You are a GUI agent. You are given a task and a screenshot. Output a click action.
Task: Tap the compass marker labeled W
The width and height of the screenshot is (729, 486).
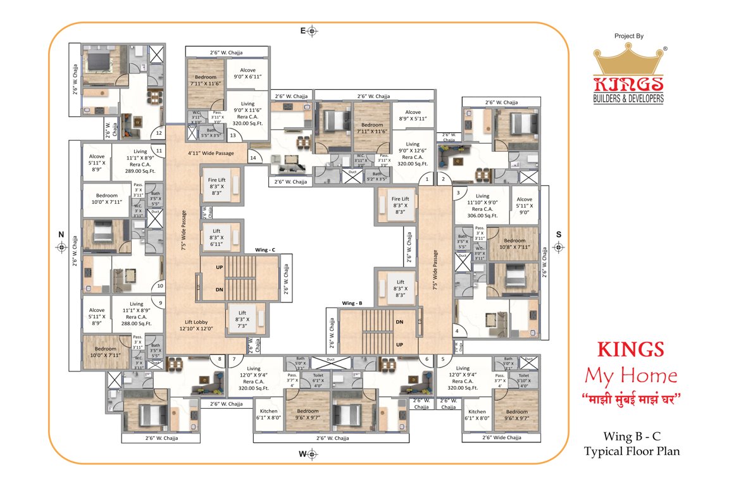pyautogui.click(x=313, y=454)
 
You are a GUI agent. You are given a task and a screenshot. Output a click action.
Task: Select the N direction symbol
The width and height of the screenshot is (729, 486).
pyautogui.click(x=61, y=247)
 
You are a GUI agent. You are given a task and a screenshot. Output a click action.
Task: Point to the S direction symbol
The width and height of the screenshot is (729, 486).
pyautogui.click(x=558, y=247)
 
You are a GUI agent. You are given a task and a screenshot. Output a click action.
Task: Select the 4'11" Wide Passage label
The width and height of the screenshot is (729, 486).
pyautogui.click(x=211, y=153)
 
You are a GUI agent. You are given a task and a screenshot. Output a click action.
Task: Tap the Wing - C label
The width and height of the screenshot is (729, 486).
pyautogui.click(x=265, y=250)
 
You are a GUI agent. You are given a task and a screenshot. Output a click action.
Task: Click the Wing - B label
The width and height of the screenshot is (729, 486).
pyautogui.click(x=352, y=303)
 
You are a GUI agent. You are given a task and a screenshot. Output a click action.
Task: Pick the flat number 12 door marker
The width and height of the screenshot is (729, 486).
pyautogui.click(x=159, y=133)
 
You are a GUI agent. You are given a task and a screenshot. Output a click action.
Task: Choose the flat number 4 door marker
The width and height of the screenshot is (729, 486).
pyautogui.click(x=457, y=330)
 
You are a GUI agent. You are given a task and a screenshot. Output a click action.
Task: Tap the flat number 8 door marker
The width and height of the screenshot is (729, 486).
pyautogui.click(x=220, y=359)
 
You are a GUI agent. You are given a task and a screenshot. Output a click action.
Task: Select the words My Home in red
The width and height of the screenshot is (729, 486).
pyautogui.click(x=630, y=377)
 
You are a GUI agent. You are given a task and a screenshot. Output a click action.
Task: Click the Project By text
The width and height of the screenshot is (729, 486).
pyautogui.click(x=628, y=36)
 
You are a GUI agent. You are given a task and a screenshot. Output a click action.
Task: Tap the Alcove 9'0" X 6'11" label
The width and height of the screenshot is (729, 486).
pyautogui.click(x=247, y=73)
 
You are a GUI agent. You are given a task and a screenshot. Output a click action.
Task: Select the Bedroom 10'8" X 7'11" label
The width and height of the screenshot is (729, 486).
pyautogui.click(x=514, y=243)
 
